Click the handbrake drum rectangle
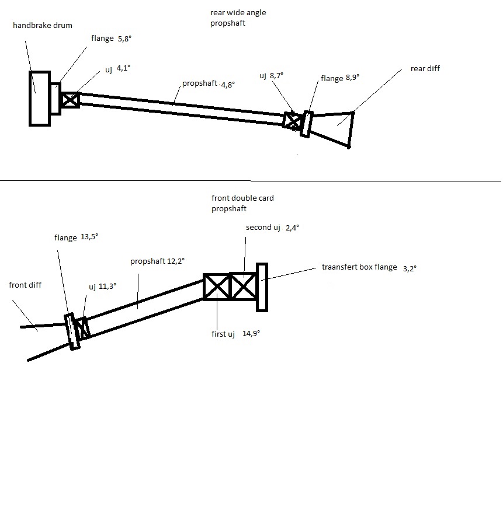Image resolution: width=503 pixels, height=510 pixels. point(39,97)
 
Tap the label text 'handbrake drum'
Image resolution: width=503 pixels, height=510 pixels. point(38,26)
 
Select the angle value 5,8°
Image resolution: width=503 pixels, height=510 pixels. point(126,39)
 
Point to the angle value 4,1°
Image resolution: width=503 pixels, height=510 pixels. point(123,68)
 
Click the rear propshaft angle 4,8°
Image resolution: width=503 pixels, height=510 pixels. point(228,85)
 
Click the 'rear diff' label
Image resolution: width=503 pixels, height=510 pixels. point(425,69)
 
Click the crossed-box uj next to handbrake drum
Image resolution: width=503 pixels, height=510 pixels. point(70,100)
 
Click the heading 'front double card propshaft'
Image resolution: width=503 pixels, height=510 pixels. point(242,203)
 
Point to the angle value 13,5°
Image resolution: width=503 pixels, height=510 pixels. point(89,237)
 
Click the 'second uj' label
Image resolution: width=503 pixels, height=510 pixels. point(259,228)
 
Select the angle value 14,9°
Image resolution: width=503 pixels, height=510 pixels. point(251,334)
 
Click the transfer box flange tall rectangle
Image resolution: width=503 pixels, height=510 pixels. point(262,287)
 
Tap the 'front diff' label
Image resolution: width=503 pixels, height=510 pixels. point(25,285)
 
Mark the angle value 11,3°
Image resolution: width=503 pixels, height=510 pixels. point(107,287)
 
